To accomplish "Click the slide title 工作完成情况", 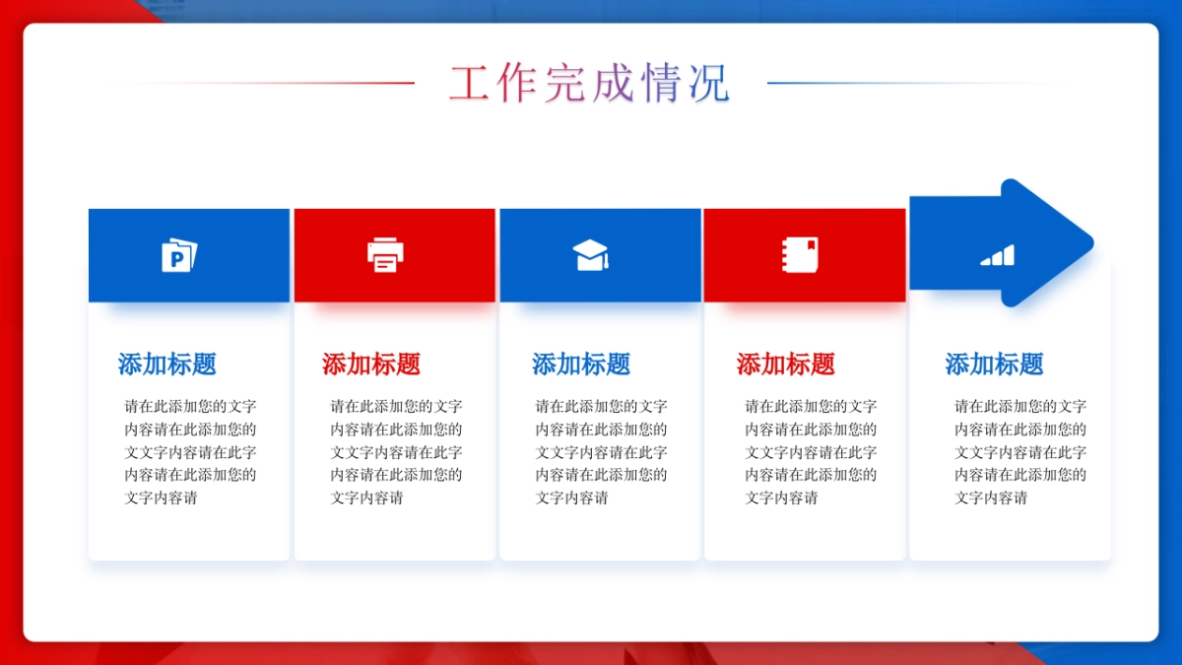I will (589, 84).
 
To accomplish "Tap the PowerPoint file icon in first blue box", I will (179, 255).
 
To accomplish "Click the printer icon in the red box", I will (385, 255).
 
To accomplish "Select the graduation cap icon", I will (591, 255).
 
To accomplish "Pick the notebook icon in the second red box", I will (799, 255).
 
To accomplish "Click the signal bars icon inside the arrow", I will (997, 256).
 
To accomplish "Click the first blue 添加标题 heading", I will (167, 365).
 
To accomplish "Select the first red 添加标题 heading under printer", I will (371, 365).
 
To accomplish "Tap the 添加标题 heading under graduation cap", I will (581, 365).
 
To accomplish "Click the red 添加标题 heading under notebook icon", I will (786, 365).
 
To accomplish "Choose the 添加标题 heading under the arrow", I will (995, 365).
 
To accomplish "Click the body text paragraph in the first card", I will (190, 451).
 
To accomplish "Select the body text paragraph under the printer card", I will (396, 451).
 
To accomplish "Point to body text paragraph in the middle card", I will (601, 451).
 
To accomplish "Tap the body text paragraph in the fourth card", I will (811, 451).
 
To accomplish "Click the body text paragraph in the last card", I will (1020, 451).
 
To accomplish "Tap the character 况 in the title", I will (708, 84).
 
